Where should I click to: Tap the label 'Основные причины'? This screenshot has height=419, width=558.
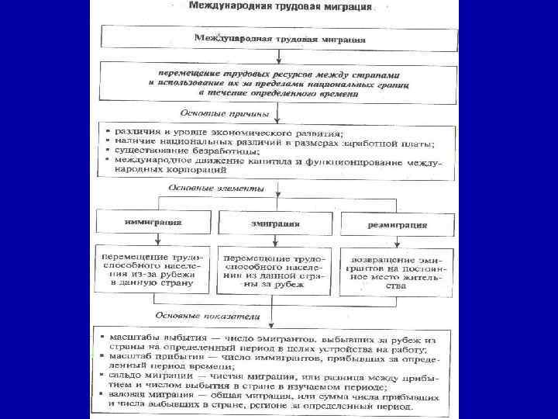(225, 113)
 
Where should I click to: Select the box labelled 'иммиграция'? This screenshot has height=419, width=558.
(153, 222)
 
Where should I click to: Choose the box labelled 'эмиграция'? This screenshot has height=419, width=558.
(275, 223)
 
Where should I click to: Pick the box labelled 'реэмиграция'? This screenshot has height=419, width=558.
(397, 225)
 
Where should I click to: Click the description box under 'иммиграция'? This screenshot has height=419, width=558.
(153, 269)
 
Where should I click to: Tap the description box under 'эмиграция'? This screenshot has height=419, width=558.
(275, 270)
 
